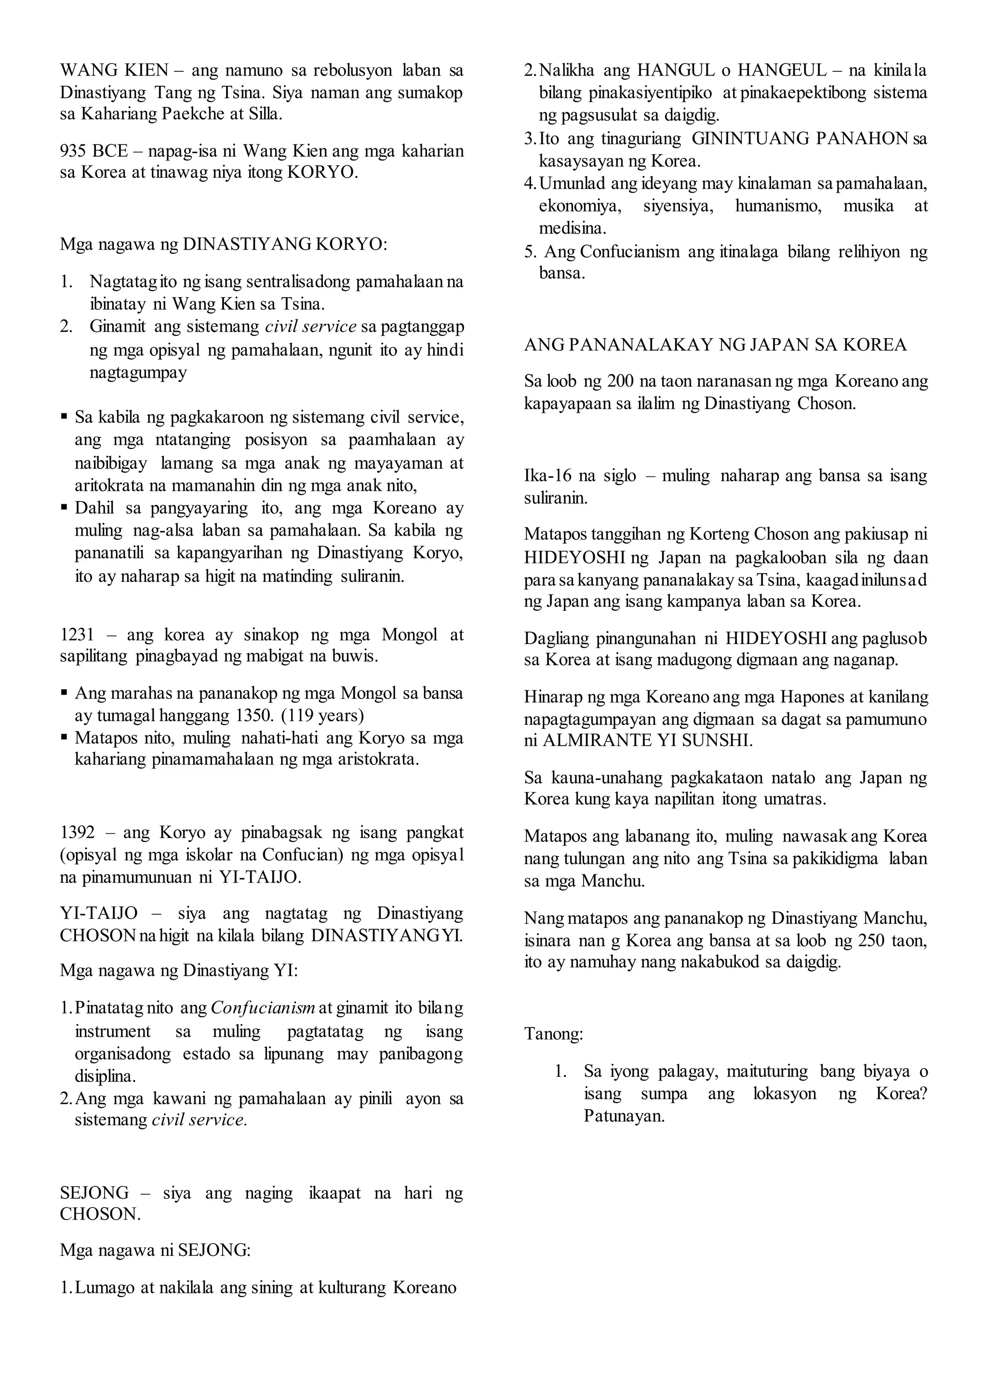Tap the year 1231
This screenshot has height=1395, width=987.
pos(77,635)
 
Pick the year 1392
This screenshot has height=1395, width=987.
pos(77,832)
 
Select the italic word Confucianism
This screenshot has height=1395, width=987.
pos(263,1008)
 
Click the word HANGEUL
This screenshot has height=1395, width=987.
pos(785,70)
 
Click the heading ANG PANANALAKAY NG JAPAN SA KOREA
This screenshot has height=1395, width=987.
pos(715,345)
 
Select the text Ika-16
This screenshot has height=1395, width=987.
pos(546,476)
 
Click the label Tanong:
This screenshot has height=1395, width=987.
pos(554,1034)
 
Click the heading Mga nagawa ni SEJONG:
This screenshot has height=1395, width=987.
pos(155,1250)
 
